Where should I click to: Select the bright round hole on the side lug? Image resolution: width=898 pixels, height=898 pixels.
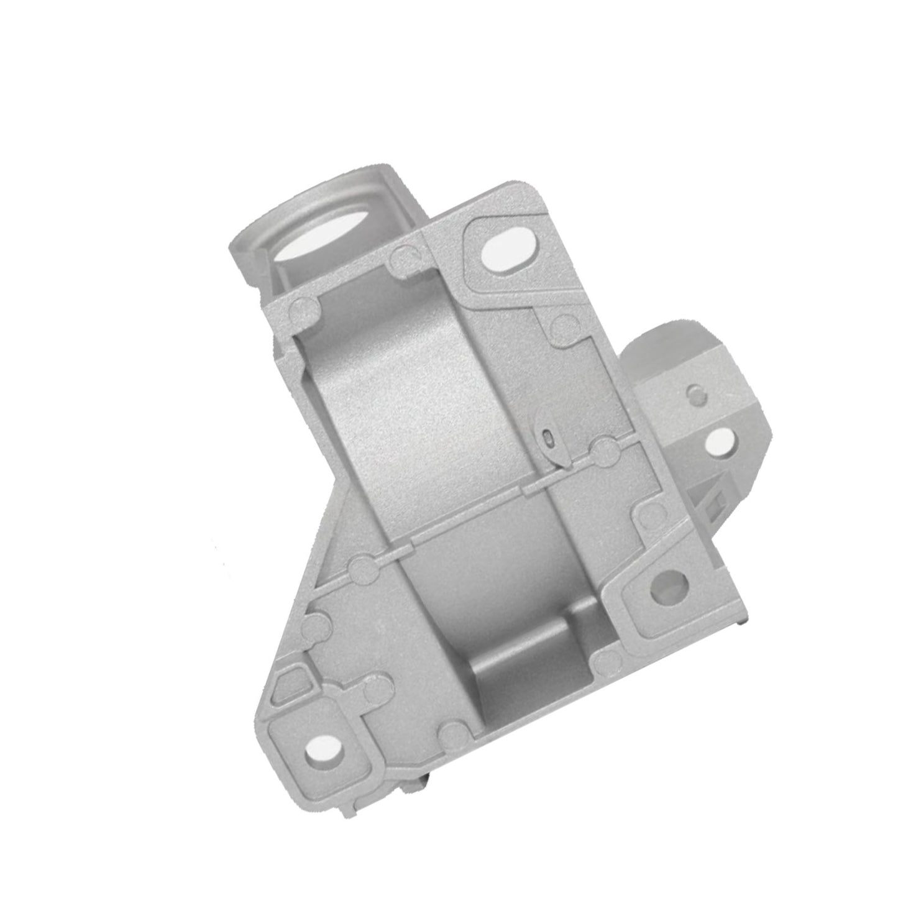[721, 440]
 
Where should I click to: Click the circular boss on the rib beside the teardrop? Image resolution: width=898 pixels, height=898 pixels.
[603, 446]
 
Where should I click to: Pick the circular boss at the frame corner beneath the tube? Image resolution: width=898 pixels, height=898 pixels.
[303, 307]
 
